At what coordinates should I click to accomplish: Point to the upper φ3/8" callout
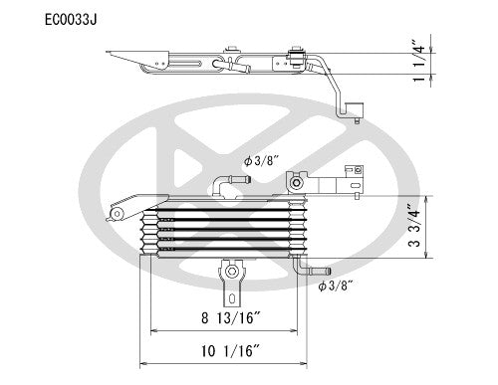[262, 158]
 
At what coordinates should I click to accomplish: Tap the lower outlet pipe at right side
[317, 269]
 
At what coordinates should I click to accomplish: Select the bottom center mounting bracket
[231, 277]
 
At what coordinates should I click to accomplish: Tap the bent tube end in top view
[354, 110]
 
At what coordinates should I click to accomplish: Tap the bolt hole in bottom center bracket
[231, 270]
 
